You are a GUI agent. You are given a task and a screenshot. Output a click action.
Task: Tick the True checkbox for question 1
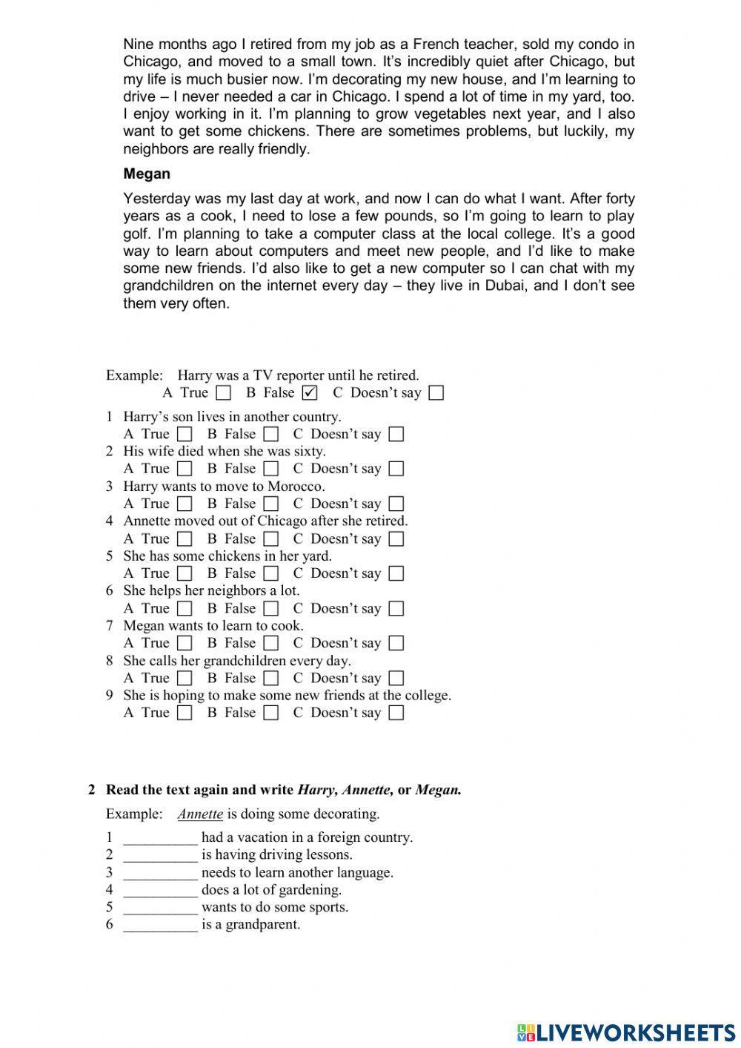[x=185, y=434]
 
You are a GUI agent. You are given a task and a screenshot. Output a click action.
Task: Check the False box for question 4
[x=271, y=538]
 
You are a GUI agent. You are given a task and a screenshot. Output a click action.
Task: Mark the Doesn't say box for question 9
[x=396, y=713]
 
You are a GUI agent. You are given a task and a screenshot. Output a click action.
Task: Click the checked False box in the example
[x=310, y=392]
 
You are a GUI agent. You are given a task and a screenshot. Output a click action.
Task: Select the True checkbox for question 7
[x=185, y=643]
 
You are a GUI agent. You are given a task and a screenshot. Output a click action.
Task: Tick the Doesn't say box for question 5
[x=396, y=573]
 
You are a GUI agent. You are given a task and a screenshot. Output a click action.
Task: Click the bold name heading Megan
[x=147, y=174]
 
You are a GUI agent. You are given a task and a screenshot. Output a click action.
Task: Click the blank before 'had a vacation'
[x=160, y=838]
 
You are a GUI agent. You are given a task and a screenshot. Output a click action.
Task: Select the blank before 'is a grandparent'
[x=160, y=925]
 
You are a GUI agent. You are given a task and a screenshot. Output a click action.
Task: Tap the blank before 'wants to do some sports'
[x=160, y=908]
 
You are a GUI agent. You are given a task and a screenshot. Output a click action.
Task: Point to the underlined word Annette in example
[x=200, y=814]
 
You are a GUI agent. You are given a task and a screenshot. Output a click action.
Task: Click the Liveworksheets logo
[x=625, y=1032]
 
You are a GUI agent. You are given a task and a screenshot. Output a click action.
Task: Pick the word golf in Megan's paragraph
[x=136, y=234]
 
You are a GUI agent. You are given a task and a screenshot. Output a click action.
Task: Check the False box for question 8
[x=271, y=678]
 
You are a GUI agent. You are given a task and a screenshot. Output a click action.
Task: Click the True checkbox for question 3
[x=185, y=504]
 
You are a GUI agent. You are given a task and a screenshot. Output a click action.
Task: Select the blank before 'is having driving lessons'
[x=160, y=855]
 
